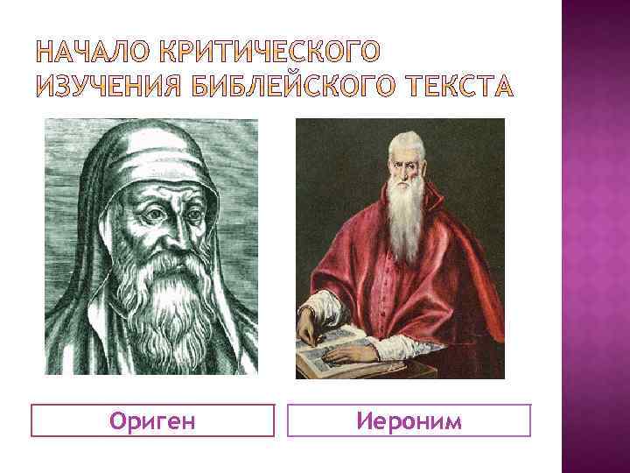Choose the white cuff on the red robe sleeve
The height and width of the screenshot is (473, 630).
pyautogui.click(x=319, y=307)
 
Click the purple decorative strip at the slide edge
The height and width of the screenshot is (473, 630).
pyautogui.click(x=595, y=236)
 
